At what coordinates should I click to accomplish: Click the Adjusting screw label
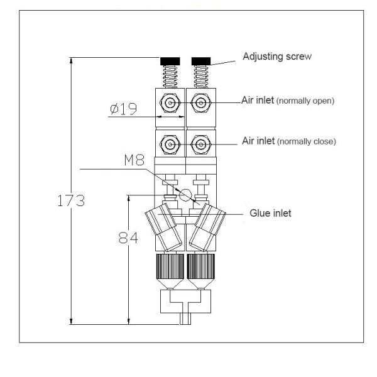click(277, 57)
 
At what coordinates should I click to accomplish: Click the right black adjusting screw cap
click(200, 61)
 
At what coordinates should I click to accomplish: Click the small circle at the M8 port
click(185, 196)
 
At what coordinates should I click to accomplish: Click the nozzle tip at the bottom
click(185, 319)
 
